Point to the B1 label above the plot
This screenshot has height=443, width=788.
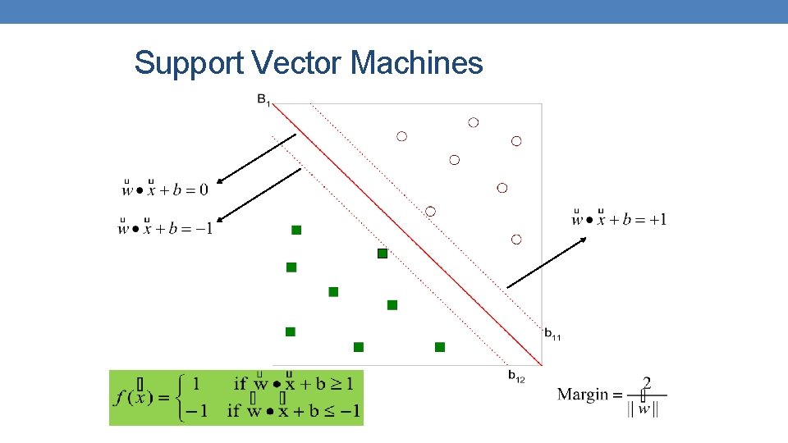click(263, 100)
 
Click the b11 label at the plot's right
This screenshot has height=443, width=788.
click(552, 334)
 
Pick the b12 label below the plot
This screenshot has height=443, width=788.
click(516, 377)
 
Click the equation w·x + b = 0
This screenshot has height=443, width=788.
click(165, 190)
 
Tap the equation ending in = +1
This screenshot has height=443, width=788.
click(619, 218)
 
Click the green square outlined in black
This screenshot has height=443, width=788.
click(382, 253)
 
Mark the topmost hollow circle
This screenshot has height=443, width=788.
click(473, 122)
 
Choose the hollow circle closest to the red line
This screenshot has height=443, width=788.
click(430, 211)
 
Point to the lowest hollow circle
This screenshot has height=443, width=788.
click(516, 239)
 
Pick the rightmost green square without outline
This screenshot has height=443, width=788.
click(440, 347)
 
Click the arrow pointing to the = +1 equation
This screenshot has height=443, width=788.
click(547, 262)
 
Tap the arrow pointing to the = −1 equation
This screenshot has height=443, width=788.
click(259, 194)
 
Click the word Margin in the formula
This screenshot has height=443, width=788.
click(583, 395)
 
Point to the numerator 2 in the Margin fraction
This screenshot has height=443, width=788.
click(647, 382)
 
